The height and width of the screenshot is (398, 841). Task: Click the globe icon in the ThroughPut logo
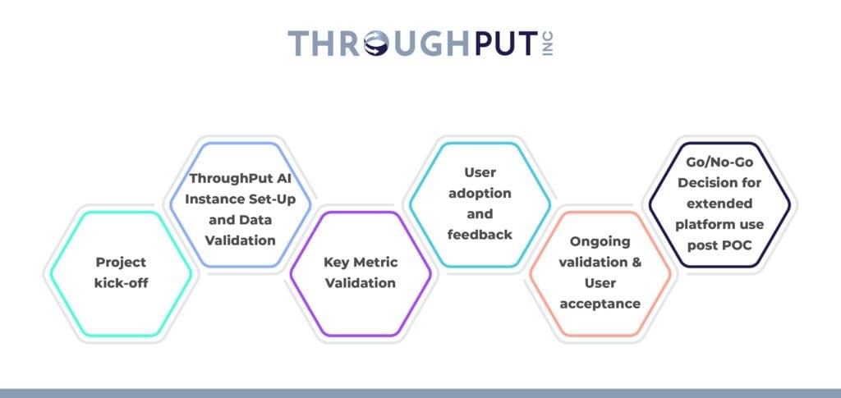(384, 43)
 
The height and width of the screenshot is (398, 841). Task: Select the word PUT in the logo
(502, 43)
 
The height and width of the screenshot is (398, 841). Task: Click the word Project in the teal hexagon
(120, 263)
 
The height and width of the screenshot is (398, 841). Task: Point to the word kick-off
(120, 284)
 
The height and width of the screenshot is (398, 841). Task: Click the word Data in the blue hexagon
(256, 219)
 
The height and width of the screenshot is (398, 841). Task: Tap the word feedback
(480, 235)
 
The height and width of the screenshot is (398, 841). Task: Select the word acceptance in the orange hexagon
(600, 304)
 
